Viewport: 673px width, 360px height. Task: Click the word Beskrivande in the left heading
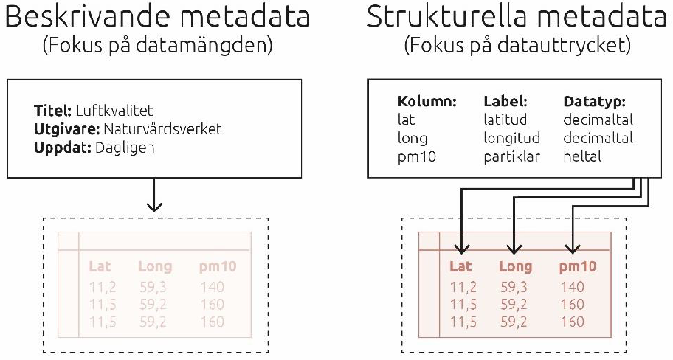coord(84,16)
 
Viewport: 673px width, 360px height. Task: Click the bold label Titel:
coord(52,111)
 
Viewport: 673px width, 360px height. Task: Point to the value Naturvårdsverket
coord(162,129)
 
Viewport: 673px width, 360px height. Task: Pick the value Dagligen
coord(125,148)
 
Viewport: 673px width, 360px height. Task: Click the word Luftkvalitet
coord(114,111)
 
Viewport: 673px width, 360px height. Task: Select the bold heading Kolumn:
coord(427,101)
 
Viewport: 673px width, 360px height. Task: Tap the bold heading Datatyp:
coord(594,102)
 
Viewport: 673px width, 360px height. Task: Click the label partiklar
coord(511,156)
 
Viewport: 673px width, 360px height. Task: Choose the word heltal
coord(582,156)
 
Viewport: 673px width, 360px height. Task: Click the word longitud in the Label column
coord(511,138)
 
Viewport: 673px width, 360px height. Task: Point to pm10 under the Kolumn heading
coord(416,156)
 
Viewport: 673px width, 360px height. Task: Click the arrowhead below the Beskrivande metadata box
coord(153,206)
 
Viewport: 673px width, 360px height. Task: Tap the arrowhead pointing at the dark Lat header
coord(461,249)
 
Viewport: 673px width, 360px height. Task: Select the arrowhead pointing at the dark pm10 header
coord(573,249)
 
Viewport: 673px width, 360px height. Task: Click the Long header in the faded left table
coord(155,266)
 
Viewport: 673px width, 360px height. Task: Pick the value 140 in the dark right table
coord(572,287)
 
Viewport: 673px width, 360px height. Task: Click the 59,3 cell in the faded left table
coord(153,287)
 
